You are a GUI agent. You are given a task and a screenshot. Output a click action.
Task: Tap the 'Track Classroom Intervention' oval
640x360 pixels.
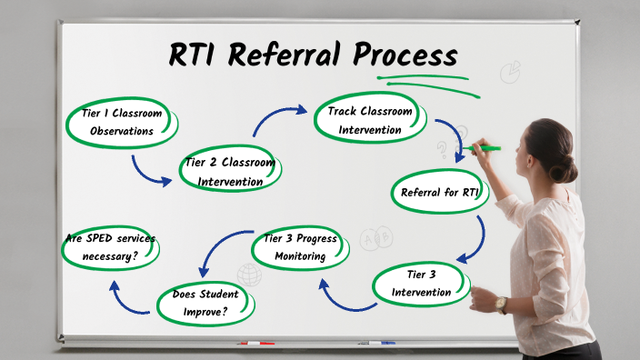[x=370, y=121]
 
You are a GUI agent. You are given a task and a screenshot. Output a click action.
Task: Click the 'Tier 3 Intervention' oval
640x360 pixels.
[x=420, y=284]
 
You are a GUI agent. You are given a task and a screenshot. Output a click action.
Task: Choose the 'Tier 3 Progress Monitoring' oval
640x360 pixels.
[x=300, y=247]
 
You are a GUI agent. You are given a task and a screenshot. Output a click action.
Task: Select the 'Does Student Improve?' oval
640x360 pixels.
[x=205, y=304]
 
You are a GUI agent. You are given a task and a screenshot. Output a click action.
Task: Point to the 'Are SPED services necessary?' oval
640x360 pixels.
[x=110, y=247]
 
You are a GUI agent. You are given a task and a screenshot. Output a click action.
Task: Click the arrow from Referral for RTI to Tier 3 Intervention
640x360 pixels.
[x=473, y=240]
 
